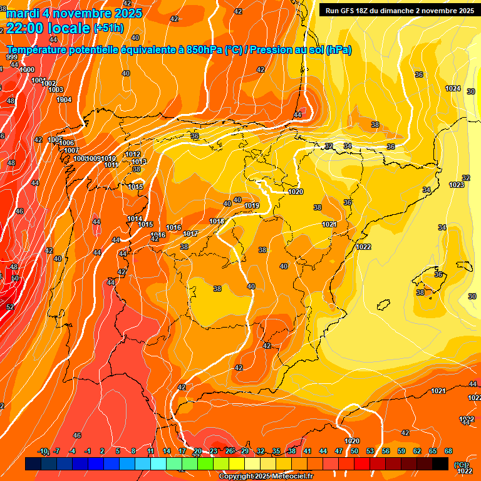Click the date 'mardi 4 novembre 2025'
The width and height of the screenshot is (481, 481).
pyautogui.click(x=74, y=13)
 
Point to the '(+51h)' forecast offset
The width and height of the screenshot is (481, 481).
pyautogui.click(x=108, y=28)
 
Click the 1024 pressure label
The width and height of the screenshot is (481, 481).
pyautogui.click(x=453, y=88)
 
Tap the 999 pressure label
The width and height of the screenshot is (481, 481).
pyautogui.click(x=12, y=57)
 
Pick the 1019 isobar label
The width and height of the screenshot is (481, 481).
pyautogui.click(x=252, y=205)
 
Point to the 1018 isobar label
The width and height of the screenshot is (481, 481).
pyautogui.click(x=217, y=221)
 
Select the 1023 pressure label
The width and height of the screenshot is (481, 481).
pyautogui.click(x=457, y=185)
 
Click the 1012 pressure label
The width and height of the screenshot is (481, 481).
pyautogui.click(x=133, y=154)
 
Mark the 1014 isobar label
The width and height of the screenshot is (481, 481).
pyautogui.click(x=135, y=219)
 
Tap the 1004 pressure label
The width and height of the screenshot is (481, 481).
pyautogui.click(x=64, y=100)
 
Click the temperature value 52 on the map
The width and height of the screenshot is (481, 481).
pyautogui.click(x=10, y=307)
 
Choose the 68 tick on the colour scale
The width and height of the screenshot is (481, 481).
pyautogui.click(x=448, y=451)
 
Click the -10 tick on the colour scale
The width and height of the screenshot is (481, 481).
pyautogui.click(x=43, y=451)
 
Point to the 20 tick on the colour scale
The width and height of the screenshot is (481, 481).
pyautogui.click(x=198, y=451)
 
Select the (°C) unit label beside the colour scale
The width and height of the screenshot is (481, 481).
pyautogui.click(x=460, y=464)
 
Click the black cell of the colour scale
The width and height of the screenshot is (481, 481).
pyautogui.click(x=440, y=464)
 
